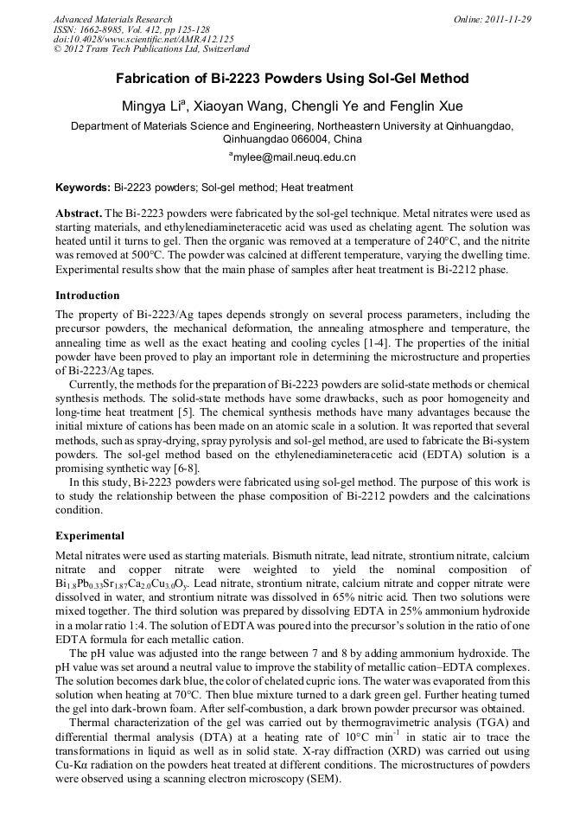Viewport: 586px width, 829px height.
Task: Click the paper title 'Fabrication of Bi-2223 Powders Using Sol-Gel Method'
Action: (x=292, y=79)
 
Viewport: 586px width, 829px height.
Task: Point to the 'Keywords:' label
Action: (x=83, y=188)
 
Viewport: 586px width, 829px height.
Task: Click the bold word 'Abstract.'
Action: (x=79, y=213)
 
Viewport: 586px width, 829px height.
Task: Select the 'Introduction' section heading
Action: (x=87, y=296)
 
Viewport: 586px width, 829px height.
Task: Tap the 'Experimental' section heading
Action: (x=90, y=536)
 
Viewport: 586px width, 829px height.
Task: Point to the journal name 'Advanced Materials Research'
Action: (x=112, y=19)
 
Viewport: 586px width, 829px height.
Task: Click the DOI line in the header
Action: (x=143, y=40)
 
